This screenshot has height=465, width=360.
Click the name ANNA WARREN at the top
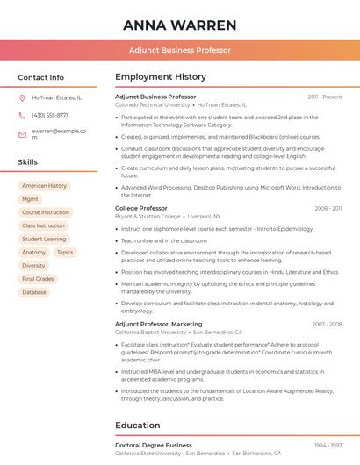pyautogui.click(x=180, y=25)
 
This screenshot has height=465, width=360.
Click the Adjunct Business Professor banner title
pyautogui.click(x=180, y=50)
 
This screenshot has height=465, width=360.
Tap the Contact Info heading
pyautogui.click(x=41, y=77)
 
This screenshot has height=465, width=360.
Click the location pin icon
pyautogui.click(x=23, y=98)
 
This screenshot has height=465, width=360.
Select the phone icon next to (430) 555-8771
pyautogui.click(x=23, y=115)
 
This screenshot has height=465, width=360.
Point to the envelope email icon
pyautogui.click(x=23, y=134)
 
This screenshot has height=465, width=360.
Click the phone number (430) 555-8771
pyautogui.click(x=50, y=115)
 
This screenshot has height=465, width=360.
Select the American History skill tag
pyautogui.click(x=45, y=186)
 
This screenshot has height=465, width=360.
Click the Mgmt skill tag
pyautogui.click(x=30, y=199)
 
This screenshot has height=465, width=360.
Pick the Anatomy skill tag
pyautogui.click(x=33, y=252)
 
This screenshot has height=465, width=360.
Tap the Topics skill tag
pyautogui.click(x=65, y=252)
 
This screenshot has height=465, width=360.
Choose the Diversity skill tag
pyautogui.click(x=33, y=265)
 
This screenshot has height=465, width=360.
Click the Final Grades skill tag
pyautogui.click(x=38, y=279)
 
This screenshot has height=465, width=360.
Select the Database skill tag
pyautogui.click(x=34, y=292)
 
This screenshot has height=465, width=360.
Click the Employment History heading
pyautogui.click(x=160, y=77)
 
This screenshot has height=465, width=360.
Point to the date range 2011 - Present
pyautogui.click(x=325, y=97)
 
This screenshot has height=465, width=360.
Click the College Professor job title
pyautogui.click(x=140, y=208)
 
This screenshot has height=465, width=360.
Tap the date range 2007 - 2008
pyautogui.click(x=327, y=324)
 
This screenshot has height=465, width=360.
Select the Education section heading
pyautogui.click(x=137, y=426)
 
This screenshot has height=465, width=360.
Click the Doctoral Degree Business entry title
pyautogui.click(x=153, y=445)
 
